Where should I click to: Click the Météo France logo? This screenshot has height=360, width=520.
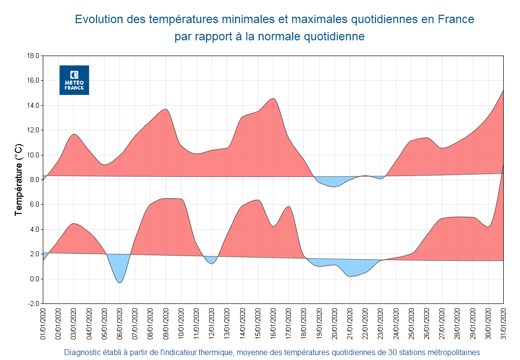pyautogui.click(x=74, y=80)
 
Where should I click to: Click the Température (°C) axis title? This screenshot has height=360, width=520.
pyautogui.click(x=19, y=180)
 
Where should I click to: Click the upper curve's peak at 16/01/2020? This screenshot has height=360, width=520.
pyautogui.click(x=274, y=99)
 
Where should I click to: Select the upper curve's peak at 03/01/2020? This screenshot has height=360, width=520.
pyautogui.click(x=74, y=134)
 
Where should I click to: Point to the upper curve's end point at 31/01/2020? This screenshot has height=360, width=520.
pyautogui.click(x=503, y=90)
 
